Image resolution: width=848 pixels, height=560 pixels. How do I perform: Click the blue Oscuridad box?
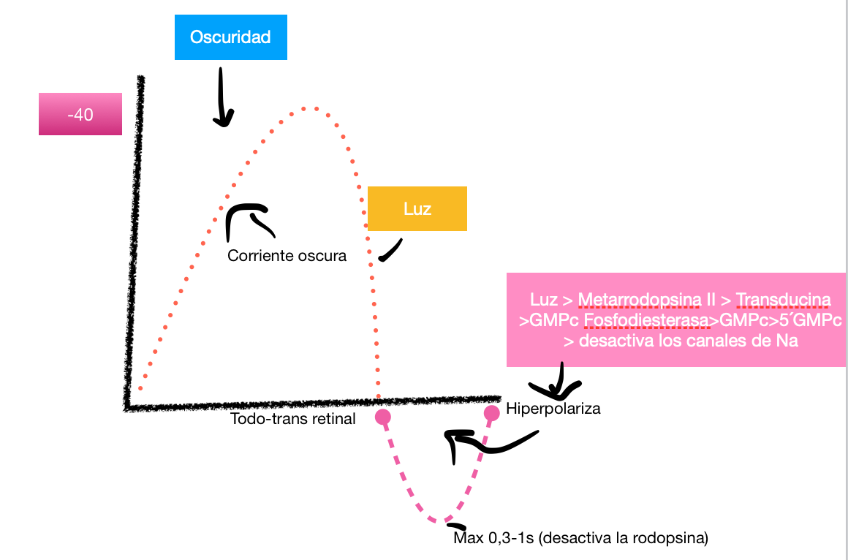pyautogui.click(x=230, y=37)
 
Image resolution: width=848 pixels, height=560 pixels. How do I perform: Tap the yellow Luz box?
pyautogui.click(x=417, y=209)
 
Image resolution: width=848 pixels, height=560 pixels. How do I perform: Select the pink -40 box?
pyautogui.click(x=80, y=115)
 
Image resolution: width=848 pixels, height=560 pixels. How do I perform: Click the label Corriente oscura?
pyautogui.click(x=287, y=256)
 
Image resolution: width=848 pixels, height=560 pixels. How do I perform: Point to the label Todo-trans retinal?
pyautogui.click(x=293, y=419)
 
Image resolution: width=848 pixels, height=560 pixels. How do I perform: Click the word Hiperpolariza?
pyautogui.click(x=553, y=409)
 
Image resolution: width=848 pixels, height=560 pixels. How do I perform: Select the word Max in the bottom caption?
pyautogui.click(x=468, y=540)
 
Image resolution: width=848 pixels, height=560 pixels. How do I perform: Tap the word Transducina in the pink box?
pyautogui.click(x=784, y=300)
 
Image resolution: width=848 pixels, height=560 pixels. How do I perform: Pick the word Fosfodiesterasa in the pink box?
pyautogui.click(x=652, y=320)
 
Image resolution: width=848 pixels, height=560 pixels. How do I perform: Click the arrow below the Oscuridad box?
pyautogui.click(x=222, y=99)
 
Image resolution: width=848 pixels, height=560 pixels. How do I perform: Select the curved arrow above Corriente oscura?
pyautogui.click(x=246, y=219)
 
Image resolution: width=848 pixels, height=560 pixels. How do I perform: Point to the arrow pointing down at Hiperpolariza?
pyautogui.click(x=558, y=381)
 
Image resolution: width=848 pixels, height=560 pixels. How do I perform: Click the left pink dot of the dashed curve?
pyautogui.click(x=382, y=417)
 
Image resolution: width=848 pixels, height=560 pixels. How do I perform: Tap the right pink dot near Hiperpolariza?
pyautogui.click(x=492, y=413)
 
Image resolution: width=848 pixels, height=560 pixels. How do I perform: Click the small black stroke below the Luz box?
pyautogui.click(x=391, y=250)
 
